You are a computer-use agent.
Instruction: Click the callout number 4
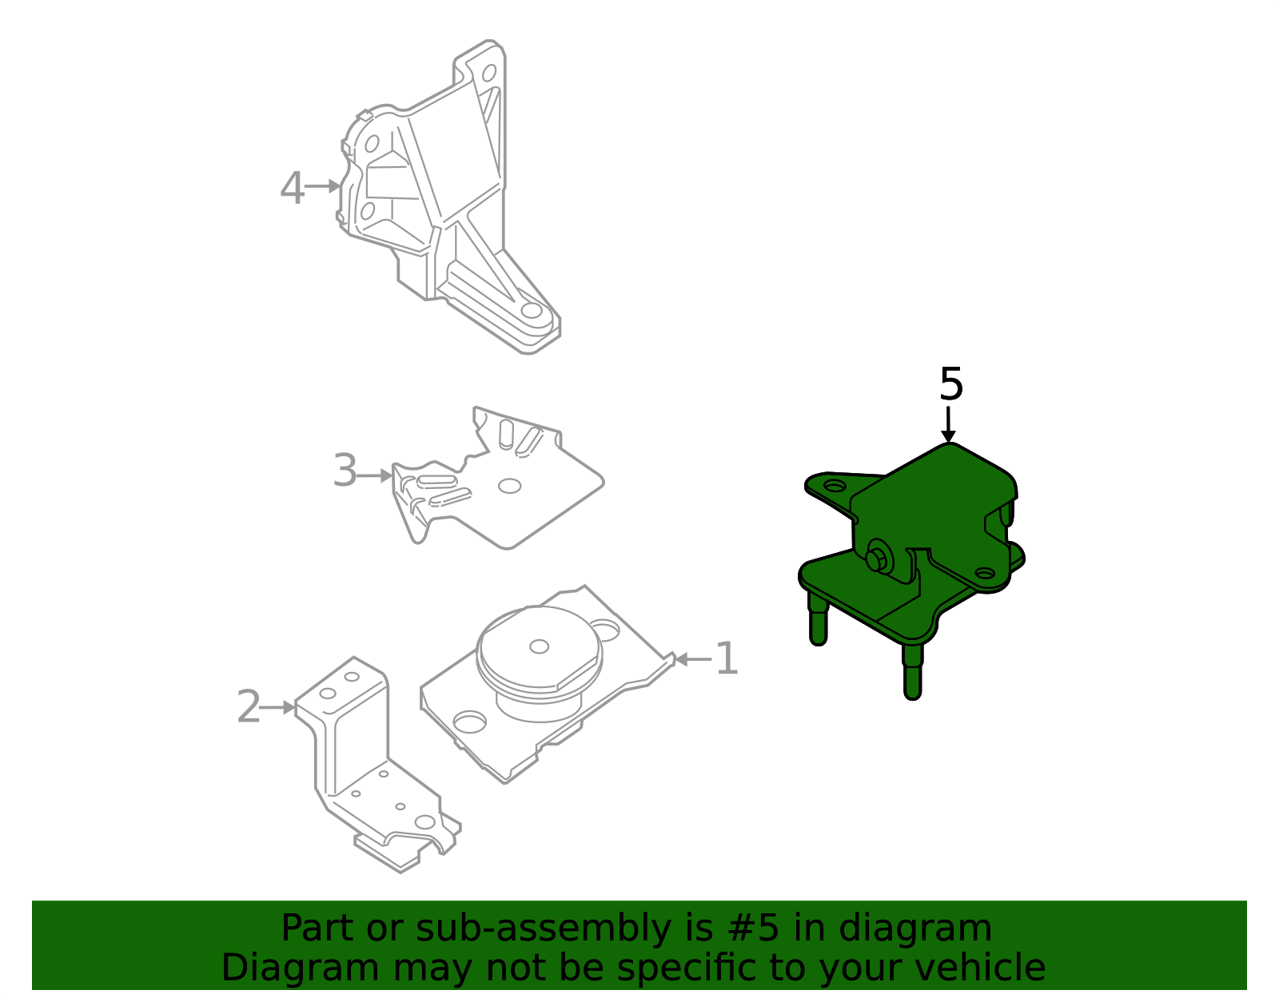(292, 189)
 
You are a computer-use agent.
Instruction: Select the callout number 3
(345, 471)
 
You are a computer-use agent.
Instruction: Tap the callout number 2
(249, 707)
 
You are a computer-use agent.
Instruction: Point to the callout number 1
(727, 659)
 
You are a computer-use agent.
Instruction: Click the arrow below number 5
(948, 424)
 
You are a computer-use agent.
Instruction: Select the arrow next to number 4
(323, 187)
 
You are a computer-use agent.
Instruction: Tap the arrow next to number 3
(375, 476)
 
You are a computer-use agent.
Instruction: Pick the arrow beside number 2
(278, 707)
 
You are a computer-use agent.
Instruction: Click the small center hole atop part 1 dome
(540, 646)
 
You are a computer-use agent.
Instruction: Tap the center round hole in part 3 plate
(509, 486)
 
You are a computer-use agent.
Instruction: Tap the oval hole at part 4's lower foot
(532, 311)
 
